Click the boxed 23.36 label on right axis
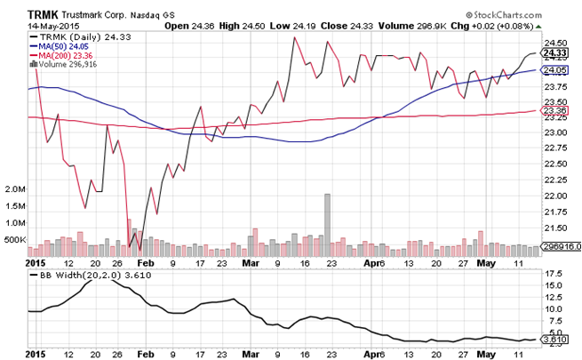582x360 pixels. tap(556, 111)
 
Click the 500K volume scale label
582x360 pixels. tap(15, 239)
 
